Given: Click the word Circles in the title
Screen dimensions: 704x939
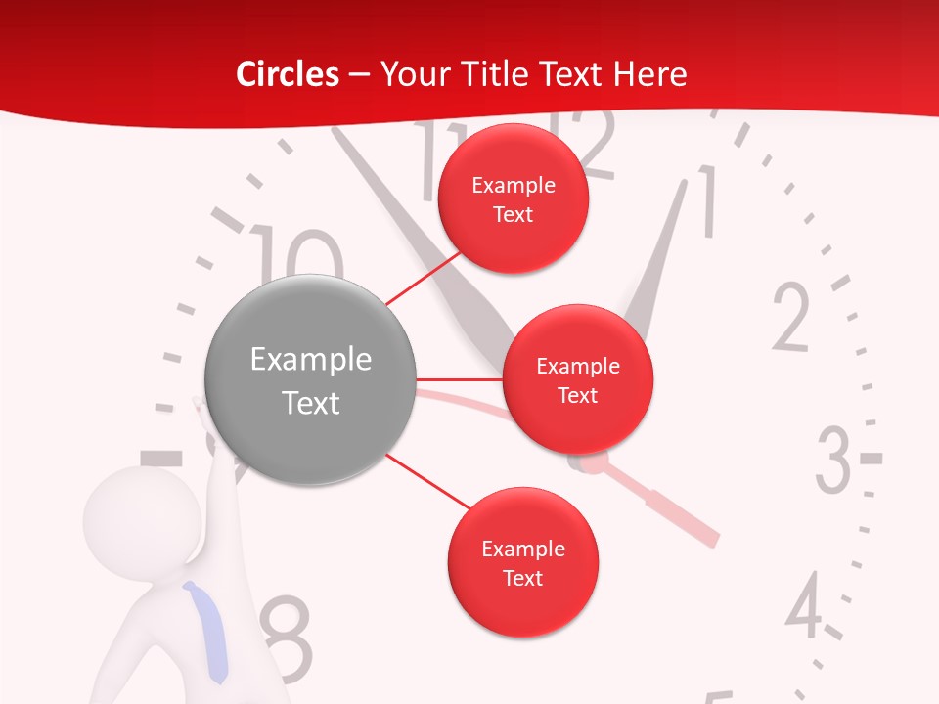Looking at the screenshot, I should pyautogui.click(x=287, y=74).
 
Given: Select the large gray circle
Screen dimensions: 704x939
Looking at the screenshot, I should pyautogui.click(x=311, y=380).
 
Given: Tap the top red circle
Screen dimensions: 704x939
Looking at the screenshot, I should pyautogui.click(x=514, y=199).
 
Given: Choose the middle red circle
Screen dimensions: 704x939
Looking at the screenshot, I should pyautogui.click(x=577, y=379).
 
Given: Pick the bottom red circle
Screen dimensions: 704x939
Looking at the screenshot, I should pyautogui.click(x=522, y=563).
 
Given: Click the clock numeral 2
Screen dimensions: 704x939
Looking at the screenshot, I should pyautogui.click(x=791, y=318).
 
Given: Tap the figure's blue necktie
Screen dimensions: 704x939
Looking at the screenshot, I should pyautogui.click(x=208, y=631).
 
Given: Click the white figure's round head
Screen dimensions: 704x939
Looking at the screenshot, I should pyautogui.click(x=131, y=514).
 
